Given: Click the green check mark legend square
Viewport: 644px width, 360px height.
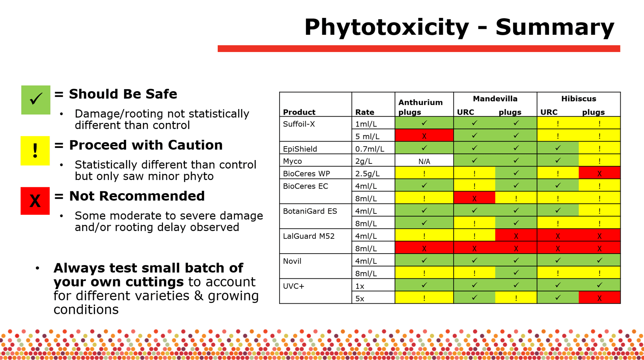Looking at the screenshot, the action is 36,100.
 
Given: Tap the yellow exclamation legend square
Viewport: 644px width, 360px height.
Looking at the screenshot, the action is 35,151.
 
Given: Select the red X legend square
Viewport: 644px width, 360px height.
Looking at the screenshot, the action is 35,201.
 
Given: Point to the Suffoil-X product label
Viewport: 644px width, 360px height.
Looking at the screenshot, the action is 299,124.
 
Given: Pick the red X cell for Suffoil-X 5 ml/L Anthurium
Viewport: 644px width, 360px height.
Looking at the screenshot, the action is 424,136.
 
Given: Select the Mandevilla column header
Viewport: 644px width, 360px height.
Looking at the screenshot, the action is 495,99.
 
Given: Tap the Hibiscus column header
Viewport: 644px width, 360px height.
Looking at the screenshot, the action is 579,99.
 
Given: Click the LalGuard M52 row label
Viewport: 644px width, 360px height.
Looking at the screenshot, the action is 309,236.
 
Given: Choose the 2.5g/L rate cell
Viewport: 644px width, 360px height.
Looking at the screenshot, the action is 367,173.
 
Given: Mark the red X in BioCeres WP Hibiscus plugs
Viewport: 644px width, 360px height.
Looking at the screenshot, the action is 600,173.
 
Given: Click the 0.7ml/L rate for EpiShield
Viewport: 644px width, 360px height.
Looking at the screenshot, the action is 370,149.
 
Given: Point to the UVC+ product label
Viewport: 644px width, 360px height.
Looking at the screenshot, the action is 293,286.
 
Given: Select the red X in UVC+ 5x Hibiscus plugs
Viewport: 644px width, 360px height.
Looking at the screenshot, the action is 600,298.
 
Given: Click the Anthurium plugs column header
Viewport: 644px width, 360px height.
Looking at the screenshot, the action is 420,107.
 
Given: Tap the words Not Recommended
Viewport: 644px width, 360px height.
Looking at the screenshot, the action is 137,196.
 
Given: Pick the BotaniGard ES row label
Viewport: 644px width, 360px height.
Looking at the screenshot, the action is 310,211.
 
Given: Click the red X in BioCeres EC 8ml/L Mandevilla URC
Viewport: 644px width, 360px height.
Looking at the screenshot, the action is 474,198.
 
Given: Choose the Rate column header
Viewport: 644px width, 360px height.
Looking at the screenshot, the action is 365,112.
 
